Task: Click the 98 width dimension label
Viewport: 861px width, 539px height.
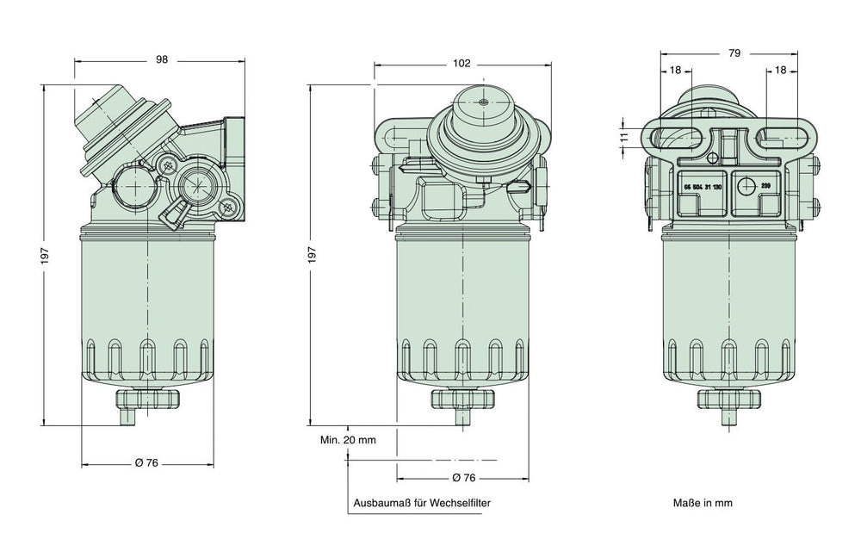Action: tap(161, 60)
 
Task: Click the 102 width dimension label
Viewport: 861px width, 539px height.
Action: tap(461, 62)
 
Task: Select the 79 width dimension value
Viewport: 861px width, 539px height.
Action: tap(734, 53)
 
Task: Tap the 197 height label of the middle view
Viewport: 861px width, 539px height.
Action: tap(313, 255)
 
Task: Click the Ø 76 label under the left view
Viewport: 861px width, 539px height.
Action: tap(147, 463)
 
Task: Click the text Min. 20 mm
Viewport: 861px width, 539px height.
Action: tap(349, 440)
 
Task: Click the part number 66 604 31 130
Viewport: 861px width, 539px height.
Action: tap(702, 186)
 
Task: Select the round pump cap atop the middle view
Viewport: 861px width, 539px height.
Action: tap(482, 103)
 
